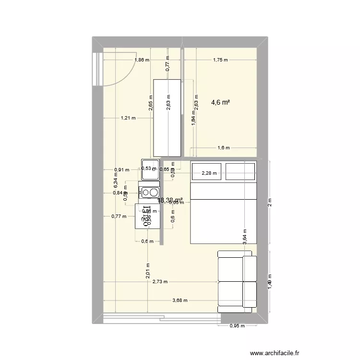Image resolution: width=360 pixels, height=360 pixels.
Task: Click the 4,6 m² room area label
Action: [221, 102]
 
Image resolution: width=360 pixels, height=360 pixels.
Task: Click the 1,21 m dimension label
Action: [128, 118]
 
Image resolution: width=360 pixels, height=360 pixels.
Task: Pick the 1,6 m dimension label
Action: [224, 148]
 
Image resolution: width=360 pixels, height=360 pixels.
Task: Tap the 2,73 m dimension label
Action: [160, 282]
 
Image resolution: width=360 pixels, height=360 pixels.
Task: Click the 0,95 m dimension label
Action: [238, 326]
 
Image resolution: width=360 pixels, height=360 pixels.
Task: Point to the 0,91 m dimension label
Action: [121, 169]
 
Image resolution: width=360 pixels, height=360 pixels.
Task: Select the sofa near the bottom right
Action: [237, 279]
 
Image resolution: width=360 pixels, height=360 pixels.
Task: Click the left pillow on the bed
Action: [206, 171]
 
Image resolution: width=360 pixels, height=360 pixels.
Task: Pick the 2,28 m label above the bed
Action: [209, 173]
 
